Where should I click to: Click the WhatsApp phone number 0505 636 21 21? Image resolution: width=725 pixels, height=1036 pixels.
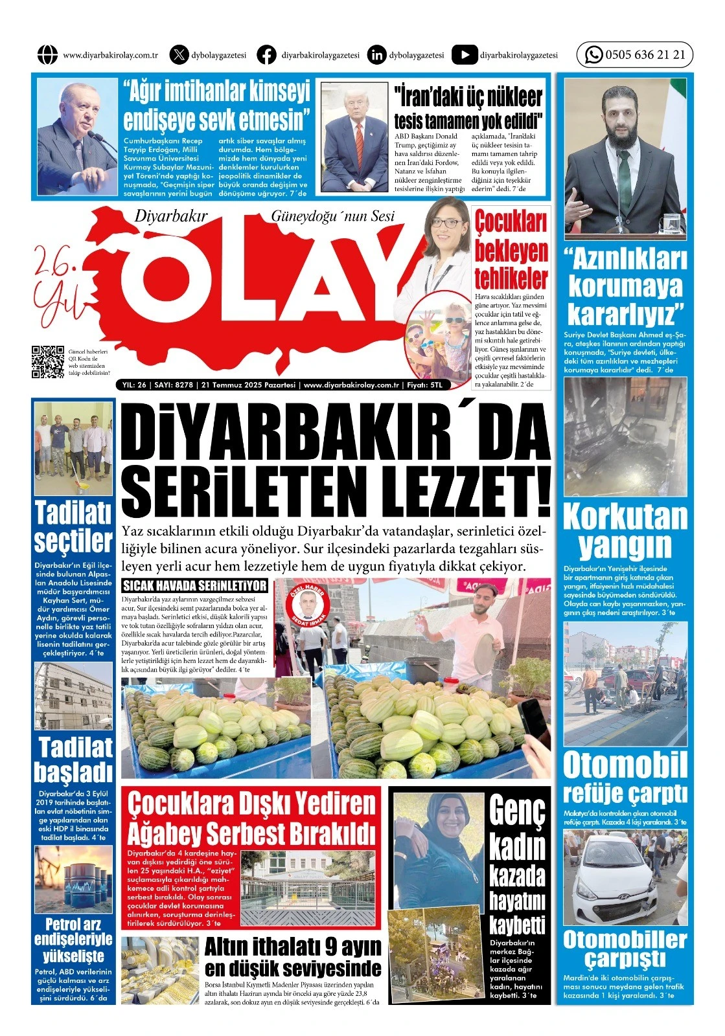click(645, 55)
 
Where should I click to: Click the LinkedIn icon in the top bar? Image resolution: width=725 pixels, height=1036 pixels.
click(376, 55)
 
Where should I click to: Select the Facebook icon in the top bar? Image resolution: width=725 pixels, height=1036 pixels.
click(266, 55)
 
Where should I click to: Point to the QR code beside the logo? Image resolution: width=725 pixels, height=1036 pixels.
click(48, 362)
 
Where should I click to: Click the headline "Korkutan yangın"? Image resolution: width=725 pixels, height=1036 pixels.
click(625, 531)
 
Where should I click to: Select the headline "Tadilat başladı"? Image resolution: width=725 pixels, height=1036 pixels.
click(74, 760)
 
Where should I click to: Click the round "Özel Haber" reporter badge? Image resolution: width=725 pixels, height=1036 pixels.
click(308, 605)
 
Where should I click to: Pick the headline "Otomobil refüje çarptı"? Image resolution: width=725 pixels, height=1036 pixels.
click(625, 778)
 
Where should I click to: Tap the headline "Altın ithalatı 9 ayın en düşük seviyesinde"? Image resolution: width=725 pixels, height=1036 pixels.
click(293, 957)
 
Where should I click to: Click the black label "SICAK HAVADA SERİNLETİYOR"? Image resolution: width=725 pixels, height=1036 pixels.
click(195, 585)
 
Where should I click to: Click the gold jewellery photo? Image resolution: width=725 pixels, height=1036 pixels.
click(160, 969)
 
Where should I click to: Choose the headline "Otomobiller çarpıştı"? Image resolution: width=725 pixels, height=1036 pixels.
click(625, 949)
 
